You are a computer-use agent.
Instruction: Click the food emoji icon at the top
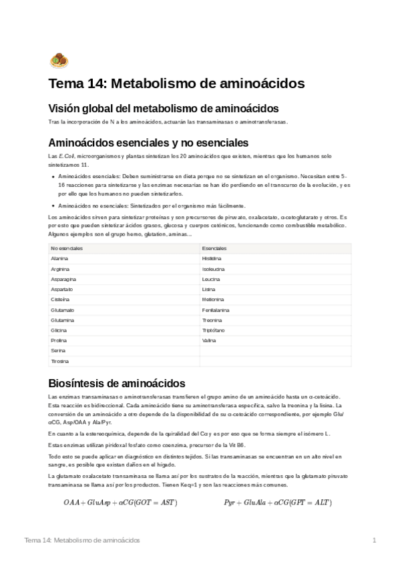tap(59, 61)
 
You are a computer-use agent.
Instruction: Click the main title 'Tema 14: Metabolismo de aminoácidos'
tap(176, 84)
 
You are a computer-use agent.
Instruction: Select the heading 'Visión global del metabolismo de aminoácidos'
tap(164, 108)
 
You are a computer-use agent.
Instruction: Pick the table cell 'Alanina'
tap(59, 258)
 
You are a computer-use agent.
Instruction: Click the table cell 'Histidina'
tap(212, 258)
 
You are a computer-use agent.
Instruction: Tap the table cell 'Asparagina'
tap(63, 279)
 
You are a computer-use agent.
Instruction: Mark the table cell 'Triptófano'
tap(214, 330)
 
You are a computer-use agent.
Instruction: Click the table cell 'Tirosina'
tap(59, 361)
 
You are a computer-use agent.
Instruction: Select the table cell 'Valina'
tap(210, 340)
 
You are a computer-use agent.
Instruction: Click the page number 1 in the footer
tap(375, 540)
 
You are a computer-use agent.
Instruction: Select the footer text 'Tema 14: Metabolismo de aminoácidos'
tap(81, 540)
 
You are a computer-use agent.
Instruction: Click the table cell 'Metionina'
tap(213, 300)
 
